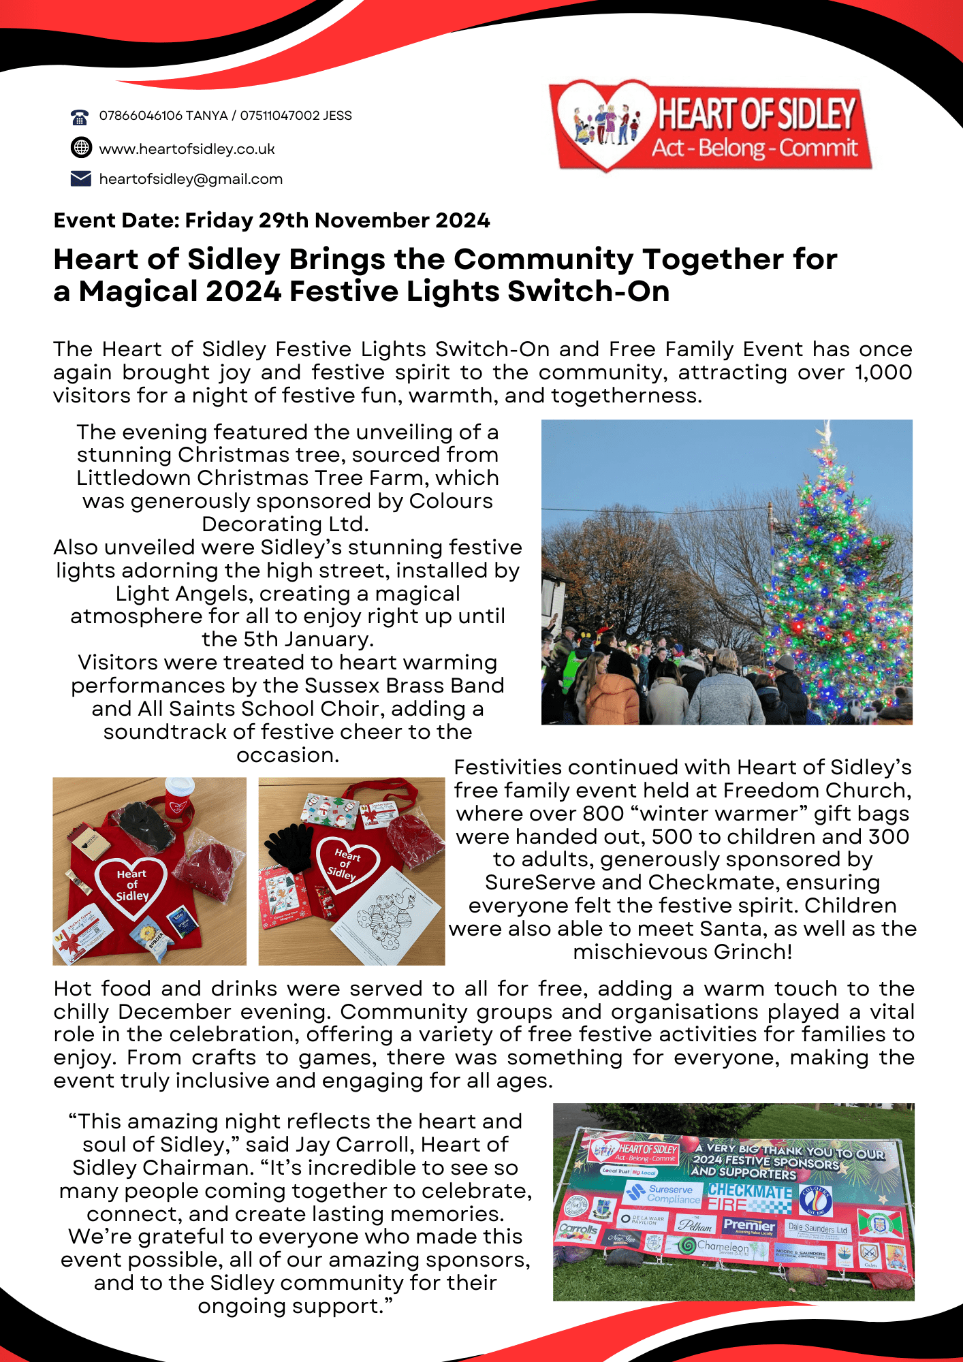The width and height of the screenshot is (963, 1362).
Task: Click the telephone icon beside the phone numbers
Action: click(x=80, y=116)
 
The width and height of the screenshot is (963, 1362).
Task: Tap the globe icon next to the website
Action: click(x=80, y=147)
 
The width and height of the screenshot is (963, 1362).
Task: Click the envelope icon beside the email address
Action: click(x=80, y=178)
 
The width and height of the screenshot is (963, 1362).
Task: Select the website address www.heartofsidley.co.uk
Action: click(x=187, y=149)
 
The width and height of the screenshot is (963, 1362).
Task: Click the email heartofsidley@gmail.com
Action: click(x=191, y=179)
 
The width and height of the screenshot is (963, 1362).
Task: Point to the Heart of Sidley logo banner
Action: click(x=711, y=126)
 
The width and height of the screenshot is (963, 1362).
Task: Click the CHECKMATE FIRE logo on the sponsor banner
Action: click(x=750, y=1197)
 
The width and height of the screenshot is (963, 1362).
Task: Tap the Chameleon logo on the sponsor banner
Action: click(x=714, y=1247)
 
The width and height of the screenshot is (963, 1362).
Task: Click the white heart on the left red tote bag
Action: click(x=131, y=885)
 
